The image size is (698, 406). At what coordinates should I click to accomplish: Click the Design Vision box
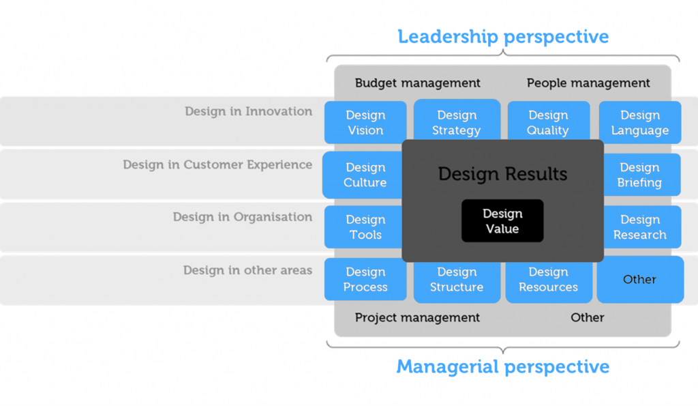pos(365,123)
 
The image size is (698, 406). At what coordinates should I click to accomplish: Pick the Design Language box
pos(640,123)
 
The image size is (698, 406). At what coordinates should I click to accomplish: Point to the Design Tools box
pos(365,227)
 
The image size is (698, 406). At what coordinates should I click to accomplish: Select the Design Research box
pos(641,227)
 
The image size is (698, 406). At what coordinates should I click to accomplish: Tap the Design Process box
pos(365,280)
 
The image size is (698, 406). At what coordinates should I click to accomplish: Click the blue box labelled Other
pos(640,280)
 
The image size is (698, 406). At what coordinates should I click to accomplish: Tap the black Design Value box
pos(502,221)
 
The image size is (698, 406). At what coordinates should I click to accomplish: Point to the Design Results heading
pos(502,174)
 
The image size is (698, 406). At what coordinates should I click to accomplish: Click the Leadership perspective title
pos(503,36)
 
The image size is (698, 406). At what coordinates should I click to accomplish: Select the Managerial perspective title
pos(503,367)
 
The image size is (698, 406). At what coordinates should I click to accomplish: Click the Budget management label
pos(418,83)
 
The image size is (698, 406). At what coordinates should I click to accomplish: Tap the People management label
pos(588,83)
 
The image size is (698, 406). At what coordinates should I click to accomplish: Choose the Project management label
pos(417,318)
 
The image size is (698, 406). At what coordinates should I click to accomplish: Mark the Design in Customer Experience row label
pos(217,165)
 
